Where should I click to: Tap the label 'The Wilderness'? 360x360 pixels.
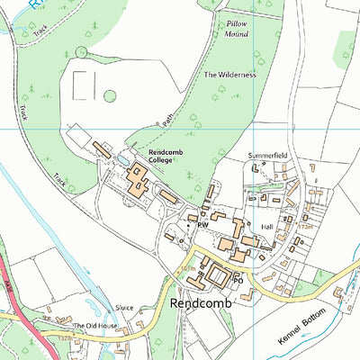point(230,75)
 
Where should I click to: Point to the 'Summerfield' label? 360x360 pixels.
point(268,156)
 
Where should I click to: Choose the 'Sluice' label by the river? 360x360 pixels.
point(124,308)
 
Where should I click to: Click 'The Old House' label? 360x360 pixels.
point(95,326)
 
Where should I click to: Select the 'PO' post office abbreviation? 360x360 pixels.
point(239,280)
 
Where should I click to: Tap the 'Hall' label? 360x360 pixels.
point(265,229)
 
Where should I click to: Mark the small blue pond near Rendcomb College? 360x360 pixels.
point(121,160)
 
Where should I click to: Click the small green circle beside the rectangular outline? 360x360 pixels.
point(110,95)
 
